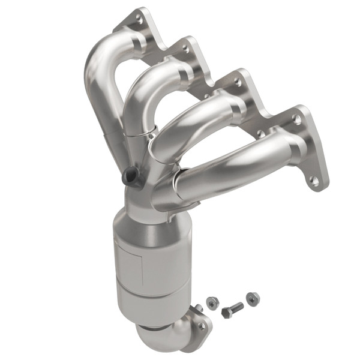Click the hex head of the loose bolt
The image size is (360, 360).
click(226, 313)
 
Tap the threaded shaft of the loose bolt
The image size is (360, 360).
click(237, 308)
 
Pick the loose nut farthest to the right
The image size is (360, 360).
click(253, 298)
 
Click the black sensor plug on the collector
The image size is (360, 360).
click(130, 176)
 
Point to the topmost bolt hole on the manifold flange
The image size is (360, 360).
click(140, 20)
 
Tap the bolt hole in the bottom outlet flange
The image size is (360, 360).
click(202, 326)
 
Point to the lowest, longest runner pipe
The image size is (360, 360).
click(234, 168)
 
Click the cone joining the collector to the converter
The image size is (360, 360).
click(147, 213)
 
